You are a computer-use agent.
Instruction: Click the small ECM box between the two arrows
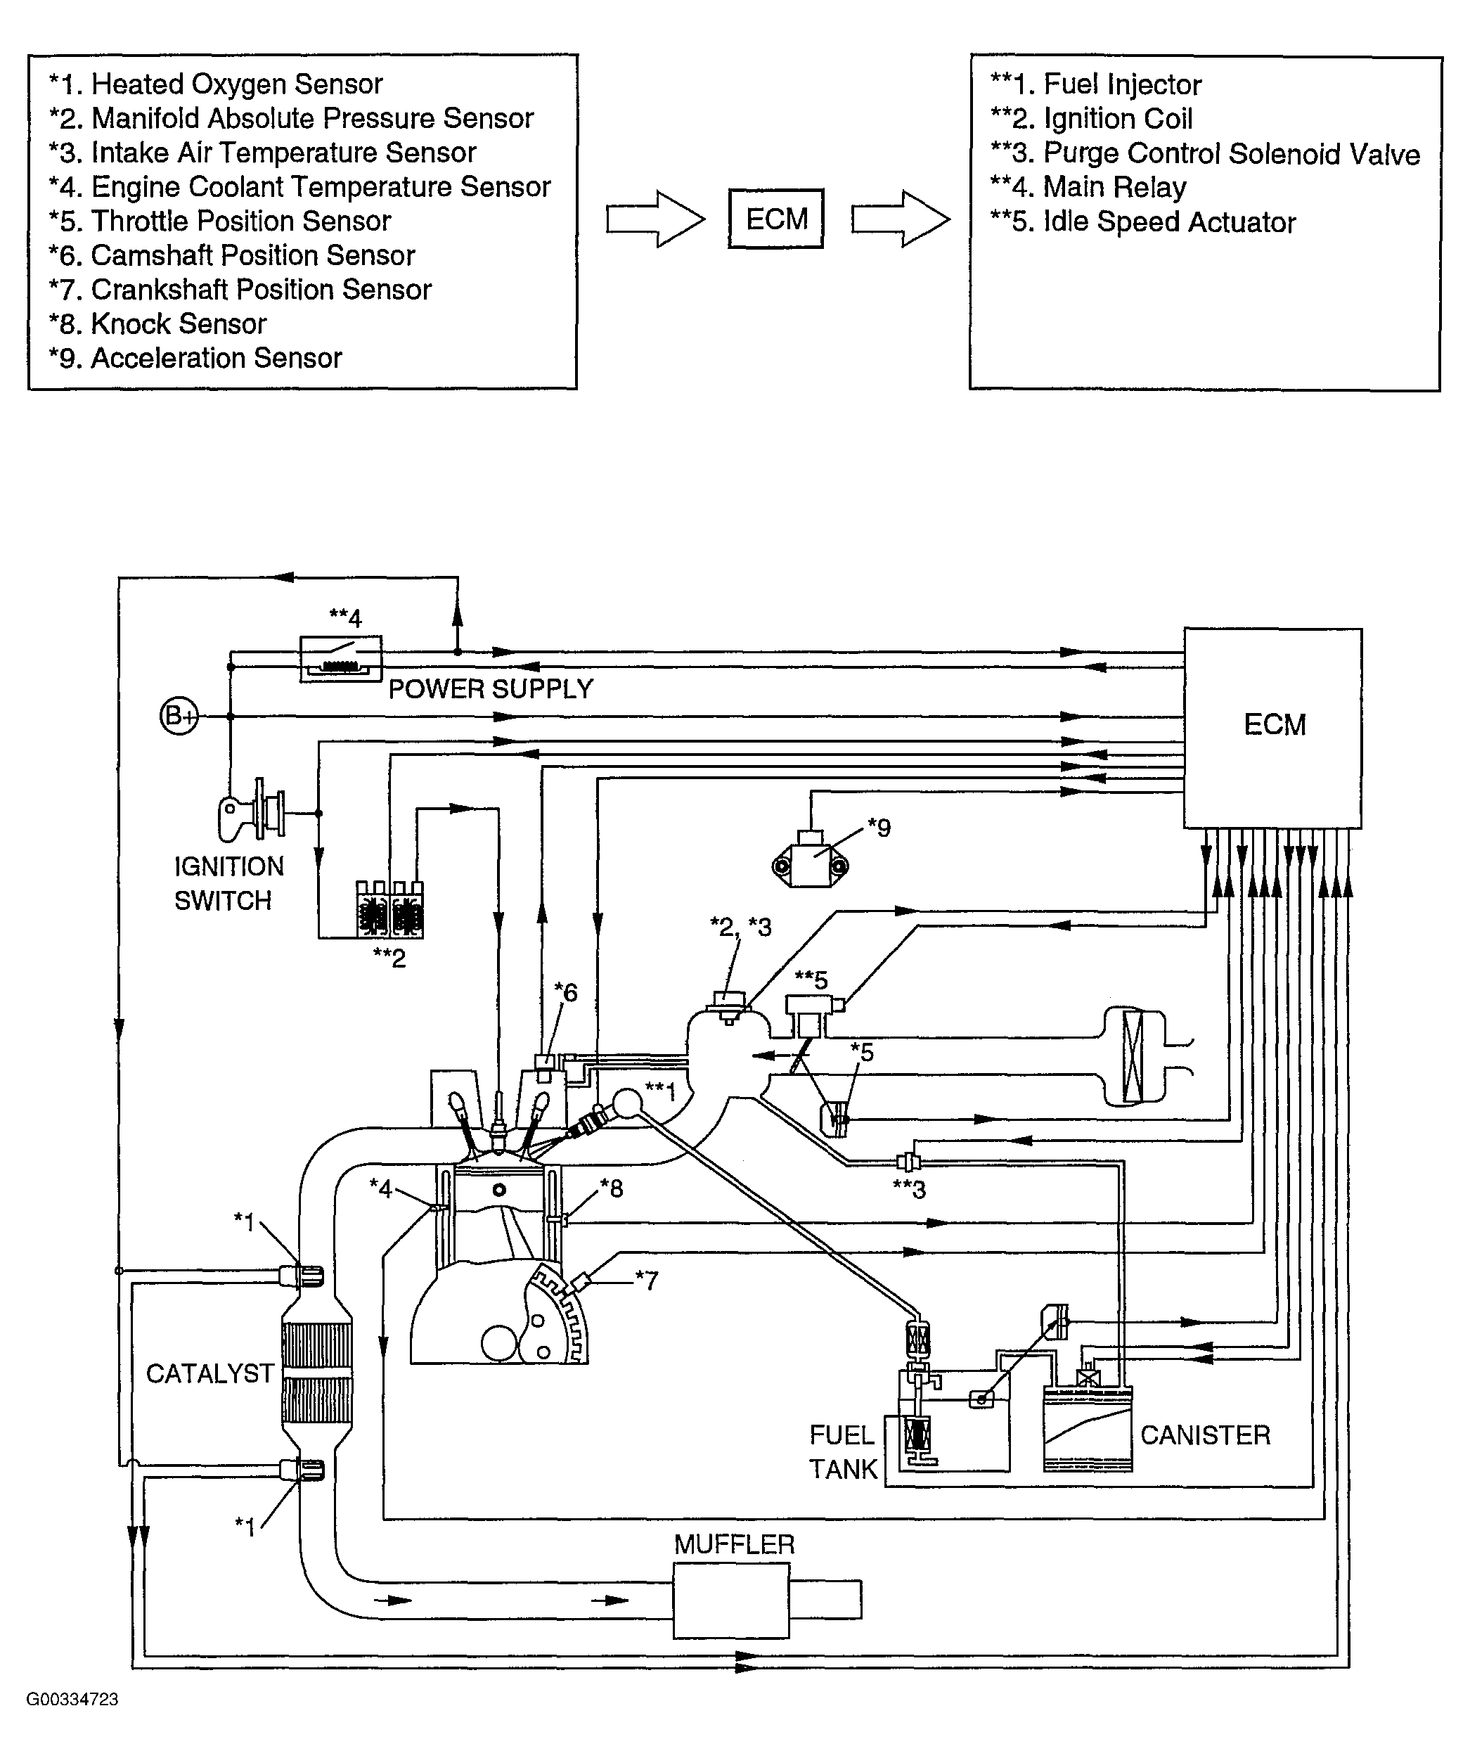[x=775, y=219]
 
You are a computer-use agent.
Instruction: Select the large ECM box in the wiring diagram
[x=1272, y=729]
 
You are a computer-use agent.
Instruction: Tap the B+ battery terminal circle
[x=179, y=716]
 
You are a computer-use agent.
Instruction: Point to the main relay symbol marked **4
[x=341, y=659]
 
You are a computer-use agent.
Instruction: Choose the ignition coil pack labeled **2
[x=390, y=909]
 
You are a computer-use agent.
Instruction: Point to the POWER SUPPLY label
[x=491, y=689]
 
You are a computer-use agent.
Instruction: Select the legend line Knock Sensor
[x=157, y=324]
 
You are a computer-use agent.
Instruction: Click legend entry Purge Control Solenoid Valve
[x=1206, y=154]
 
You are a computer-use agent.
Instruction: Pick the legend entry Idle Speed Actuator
[x=1144, y=222]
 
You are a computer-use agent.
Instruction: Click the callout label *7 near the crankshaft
[x=646, y=1280]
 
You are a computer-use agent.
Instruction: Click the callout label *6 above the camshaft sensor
[x=566, y=992]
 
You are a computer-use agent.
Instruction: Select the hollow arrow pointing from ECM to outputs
[x=901, y=219]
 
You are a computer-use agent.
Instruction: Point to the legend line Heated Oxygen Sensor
[x=216, y=84]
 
